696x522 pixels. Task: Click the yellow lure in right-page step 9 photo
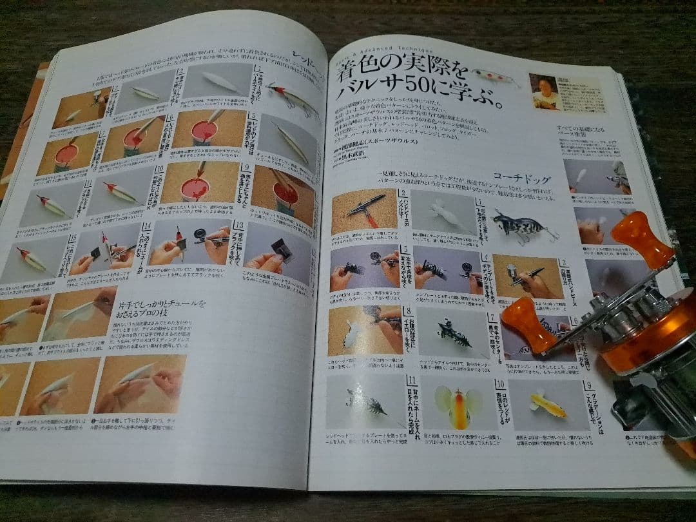point(547,405)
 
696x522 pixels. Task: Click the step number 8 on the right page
point(408,312)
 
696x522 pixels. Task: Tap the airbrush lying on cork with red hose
point(364,209)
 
